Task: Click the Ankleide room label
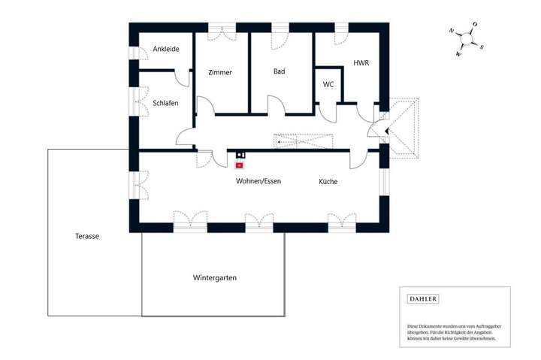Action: (x=165, y=50)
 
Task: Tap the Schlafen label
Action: (x=165, y=103)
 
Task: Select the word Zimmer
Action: (x=220, y=73)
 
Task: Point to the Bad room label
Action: (x=280, y=72)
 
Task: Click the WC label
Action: (x=328, y=84)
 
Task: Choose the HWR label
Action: (x=361, y=64)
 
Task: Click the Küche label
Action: (x=328, y=182)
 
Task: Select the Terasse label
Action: (x=87, y=236)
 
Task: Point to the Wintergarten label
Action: (x=215, y=278)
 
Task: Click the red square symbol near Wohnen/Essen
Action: (x=240, y=165)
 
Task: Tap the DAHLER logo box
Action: (x=422, y=299)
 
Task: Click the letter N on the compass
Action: (x=452, y=32)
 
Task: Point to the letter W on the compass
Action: (x=458, y=54)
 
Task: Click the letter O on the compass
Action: (x=475, y=25)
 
